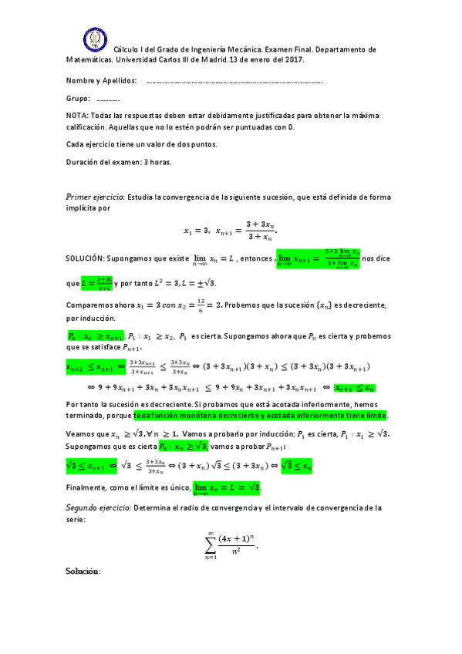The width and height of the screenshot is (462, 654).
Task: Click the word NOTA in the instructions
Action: click(x=78, y=115)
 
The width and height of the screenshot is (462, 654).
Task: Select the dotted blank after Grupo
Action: click(x=108, y=99)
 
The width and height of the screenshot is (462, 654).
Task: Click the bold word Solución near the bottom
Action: click(x=83, y=571)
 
